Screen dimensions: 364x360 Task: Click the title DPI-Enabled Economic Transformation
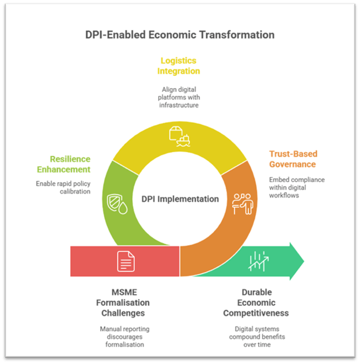[x=180, y=35]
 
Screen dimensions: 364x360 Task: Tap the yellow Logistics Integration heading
[x=179, y=66]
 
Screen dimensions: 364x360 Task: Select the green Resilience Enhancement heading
[x=70, y=165]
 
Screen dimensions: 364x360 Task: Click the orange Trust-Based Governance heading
[x=293, y=159]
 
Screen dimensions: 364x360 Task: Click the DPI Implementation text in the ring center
[x=180, y=199]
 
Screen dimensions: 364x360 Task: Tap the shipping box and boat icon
[x=180, y=136]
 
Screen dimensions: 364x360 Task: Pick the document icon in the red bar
[x=126, y=261]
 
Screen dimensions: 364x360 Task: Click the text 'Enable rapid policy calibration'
[x=63, y=187]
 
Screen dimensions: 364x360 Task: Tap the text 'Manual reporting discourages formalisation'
[x=125, y=336]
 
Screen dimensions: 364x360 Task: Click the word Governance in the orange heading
[x=293, y=164]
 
